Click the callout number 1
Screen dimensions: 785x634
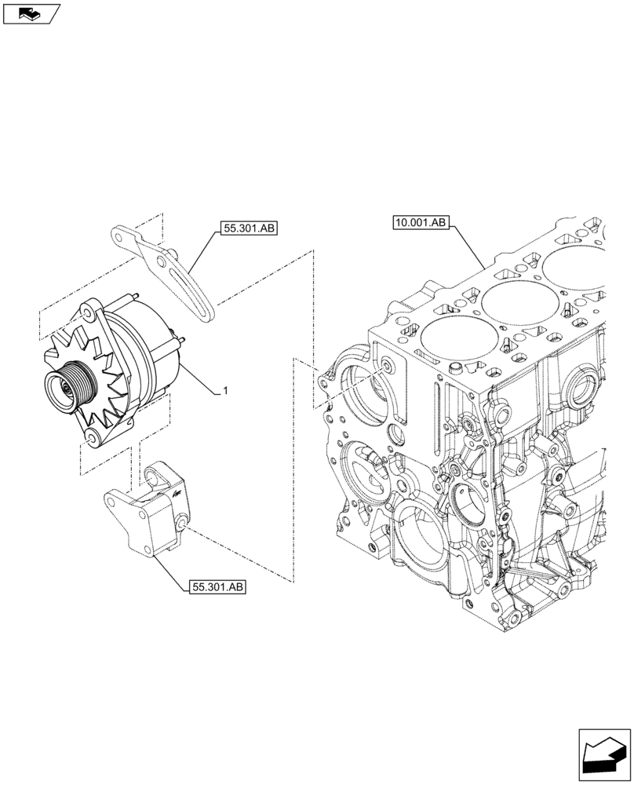pos(226,390)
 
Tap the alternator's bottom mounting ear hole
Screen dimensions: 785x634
pos(91,436)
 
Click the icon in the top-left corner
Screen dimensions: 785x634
pos(31,13)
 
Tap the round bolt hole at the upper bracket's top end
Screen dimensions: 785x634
pos(120,233)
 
